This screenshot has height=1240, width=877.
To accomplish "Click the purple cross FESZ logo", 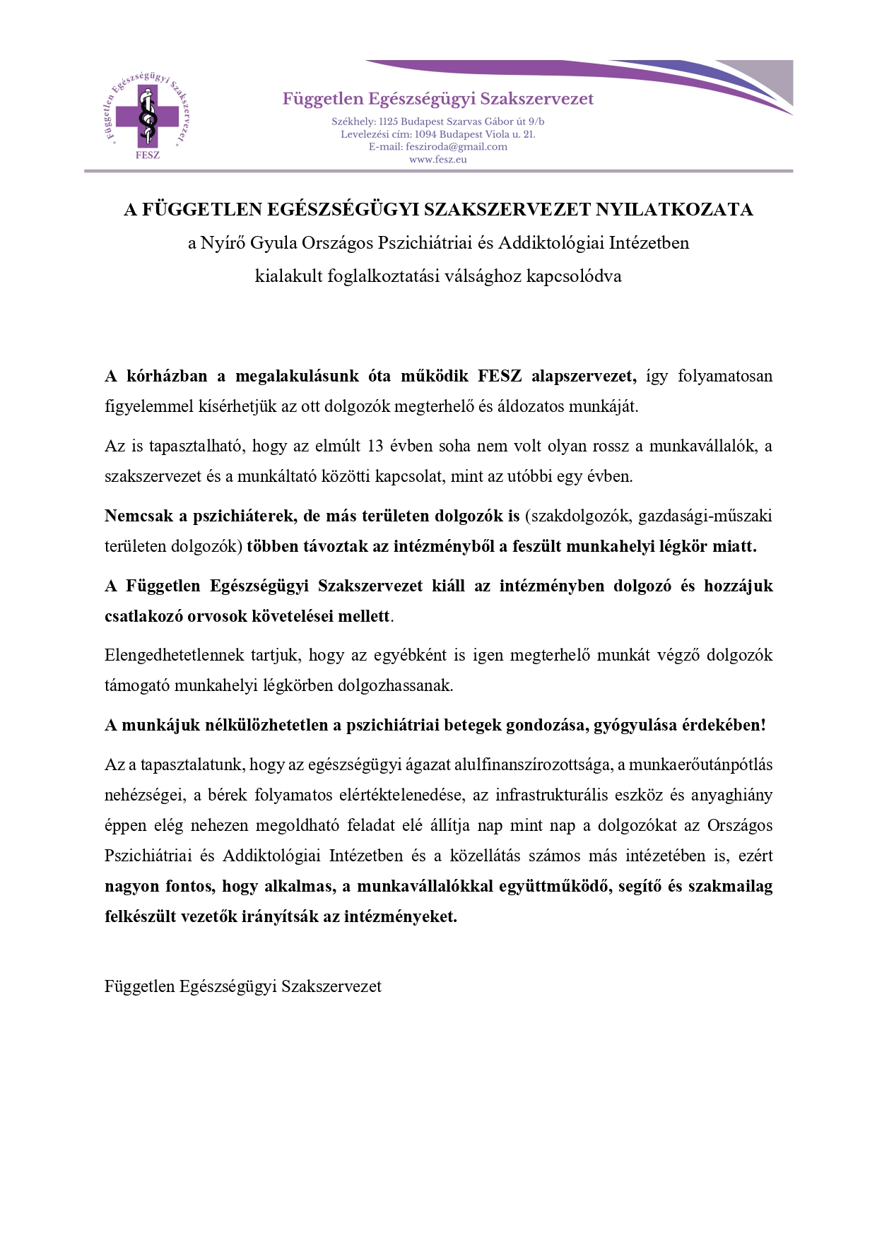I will click(148, 117).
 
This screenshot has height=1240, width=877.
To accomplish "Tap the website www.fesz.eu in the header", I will click(438, 160).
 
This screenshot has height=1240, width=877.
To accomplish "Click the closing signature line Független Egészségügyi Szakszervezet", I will click(242, 986).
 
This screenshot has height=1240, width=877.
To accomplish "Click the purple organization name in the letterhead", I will click(438, 99).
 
